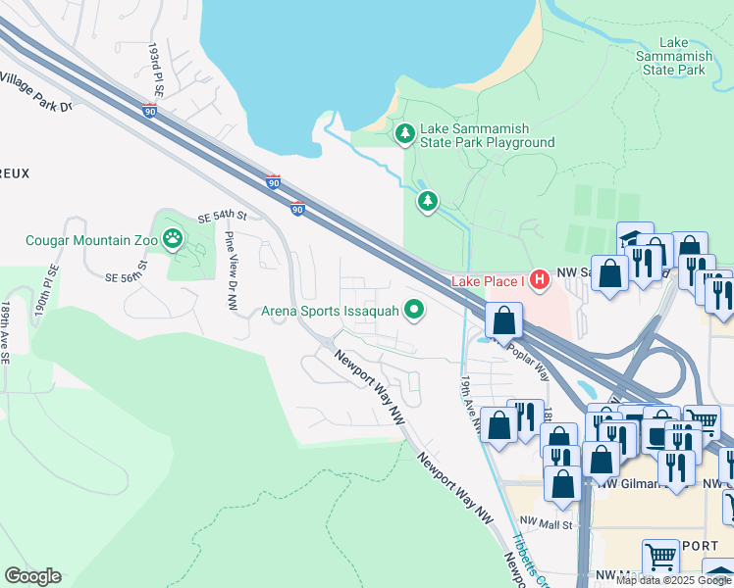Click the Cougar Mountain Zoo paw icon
(x=173, y=238)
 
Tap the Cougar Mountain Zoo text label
(x=92, y=239)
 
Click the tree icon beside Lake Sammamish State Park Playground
(x=403, y=133)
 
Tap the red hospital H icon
(x=538, y=281)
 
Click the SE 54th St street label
(x=221, y=216)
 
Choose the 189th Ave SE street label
(x=5, y=333)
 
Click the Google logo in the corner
(x=32, y=576)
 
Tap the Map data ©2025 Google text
(x=674, y=580)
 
